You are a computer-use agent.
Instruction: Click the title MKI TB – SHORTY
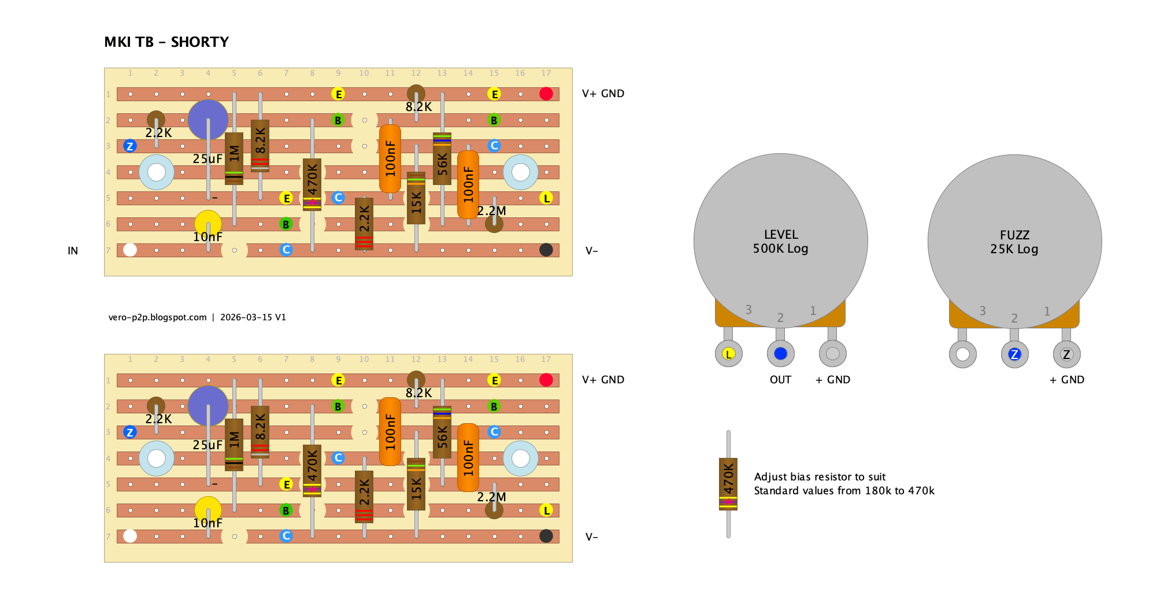click(166, 42)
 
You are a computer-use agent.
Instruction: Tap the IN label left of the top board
click(73, 251)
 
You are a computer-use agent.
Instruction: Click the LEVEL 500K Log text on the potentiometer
click(780, 242)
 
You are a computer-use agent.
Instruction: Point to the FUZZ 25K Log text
click(1014, 242)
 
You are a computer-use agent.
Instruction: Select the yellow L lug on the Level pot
click(729, 354)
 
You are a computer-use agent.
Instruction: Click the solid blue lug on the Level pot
click(780, 354)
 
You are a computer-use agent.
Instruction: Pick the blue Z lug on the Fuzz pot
click(1014, 354)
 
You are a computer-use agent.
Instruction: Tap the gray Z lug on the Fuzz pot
click(1066, 354)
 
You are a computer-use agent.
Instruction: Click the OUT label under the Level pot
click(780, 380)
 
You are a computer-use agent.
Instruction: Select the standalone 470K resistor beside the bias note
click(728, 484)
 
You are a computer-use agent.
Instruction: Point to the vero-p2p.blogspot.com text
click(157, 317)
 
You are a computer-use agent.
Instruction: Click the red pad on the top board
click(546, 94)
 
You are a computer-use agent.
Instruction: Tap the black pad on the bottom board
click(546, 536)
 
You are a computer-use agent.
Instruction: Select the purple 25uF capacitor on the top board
click(208, 120)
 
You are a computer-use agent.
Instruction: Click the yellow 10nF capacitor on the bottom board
click(208, 510)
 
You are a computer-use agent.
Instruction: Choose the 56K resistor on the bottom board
click(442, 432)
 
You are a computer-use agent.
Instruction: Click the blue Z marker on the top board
click(130, 146)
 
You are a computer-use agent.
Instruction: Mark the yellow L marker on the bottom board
click(546, 510)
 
